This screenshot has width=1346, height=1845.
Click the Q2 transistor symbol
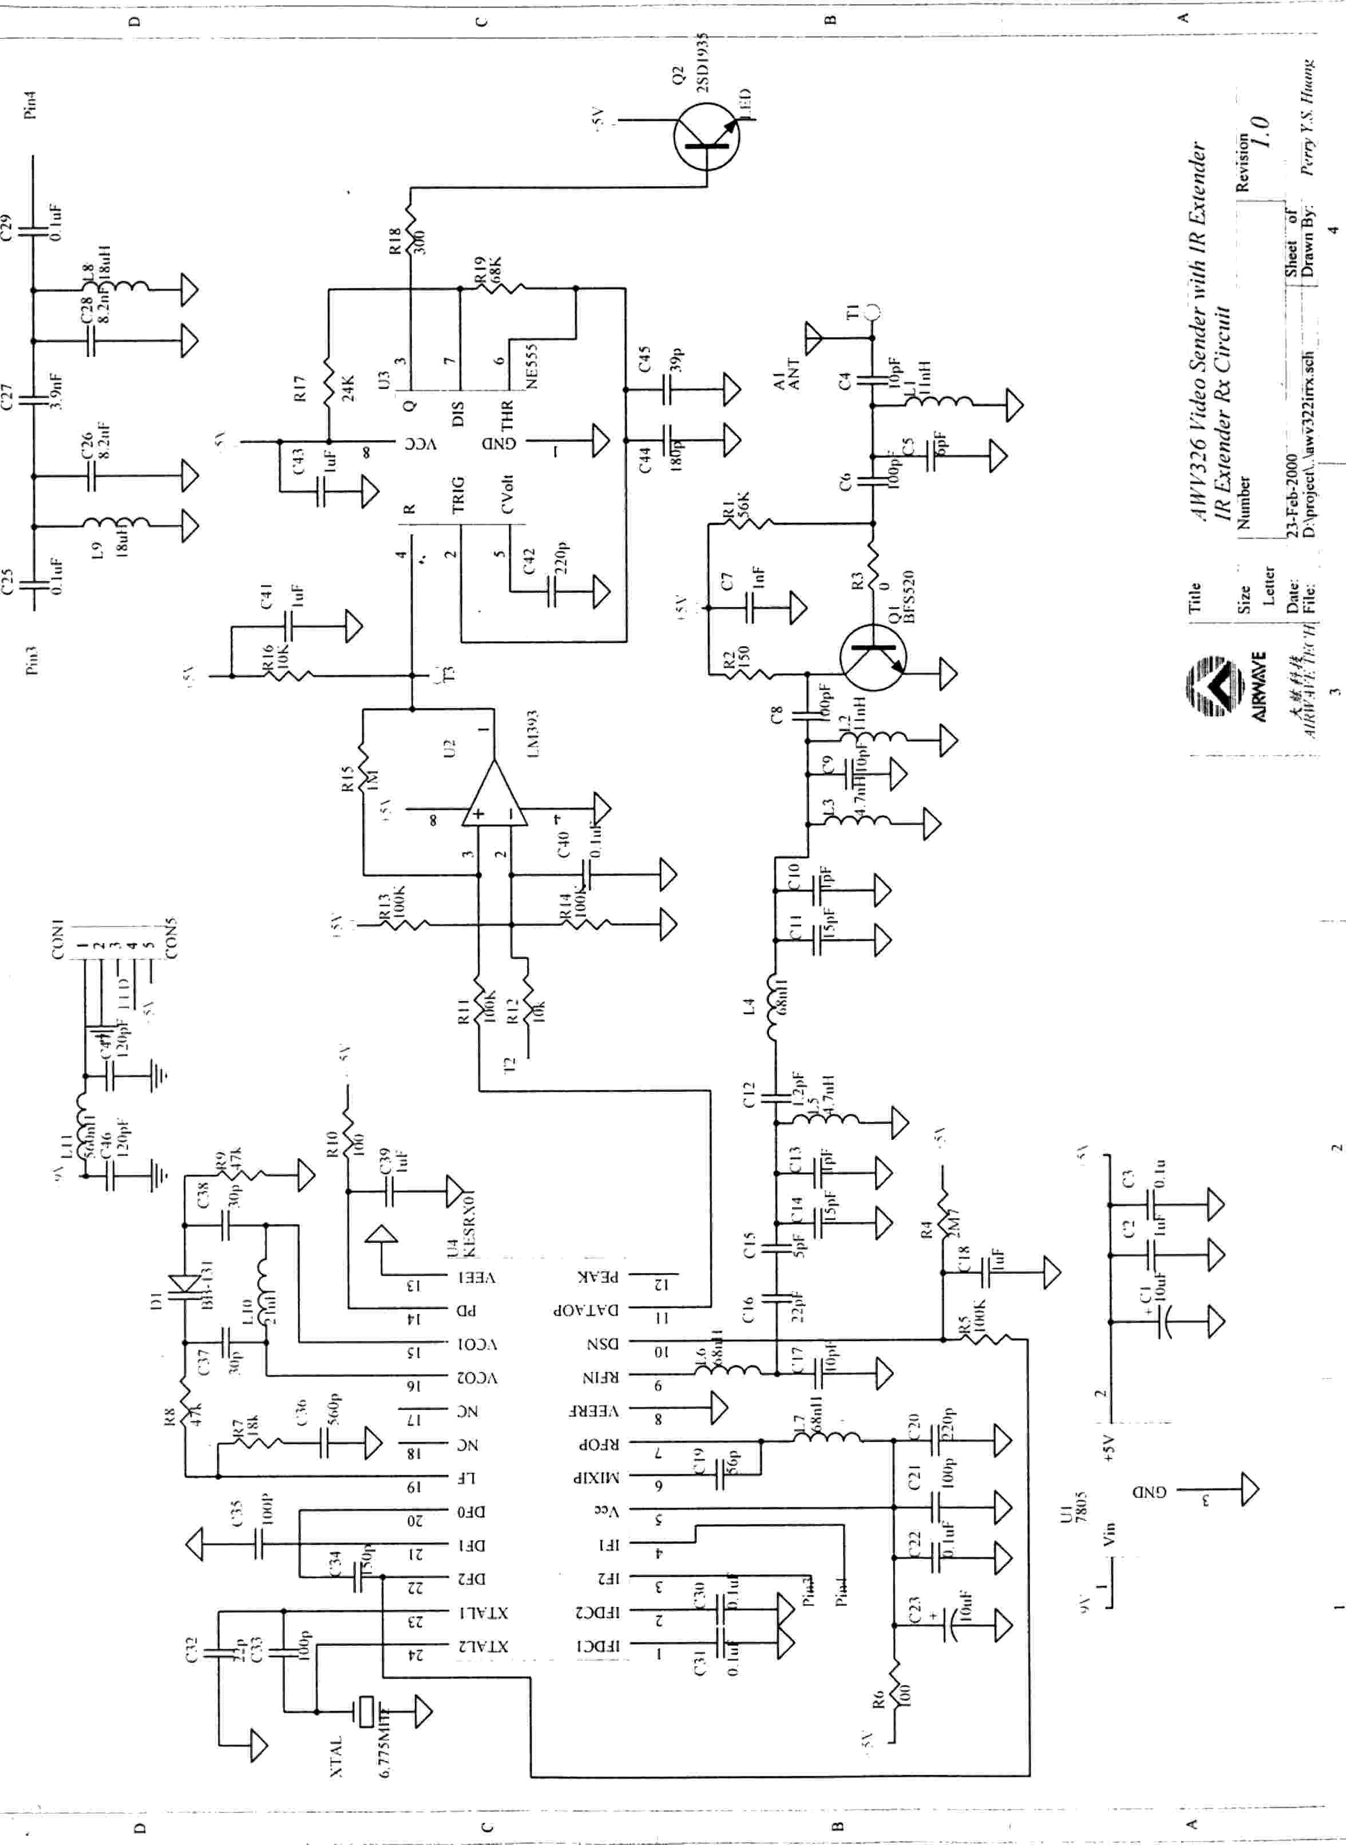coord(706,138)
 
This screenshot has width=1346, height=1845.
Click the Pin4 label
coord(31,105)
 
